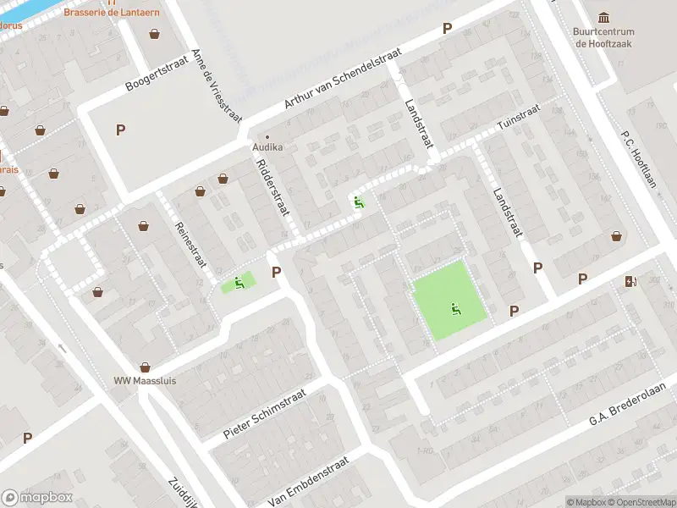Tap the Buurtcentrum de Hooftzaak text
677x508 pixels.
pyautogui.click(x=603, y=37)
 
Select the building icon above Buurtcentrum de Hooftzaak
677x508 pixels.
pyautogui.click(x=603, y=18)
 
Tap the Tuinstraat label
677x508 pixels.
pyautogui.click(x=518, y=120)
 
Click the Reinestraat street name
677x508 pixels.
pyautogui.click(x=190, y=242)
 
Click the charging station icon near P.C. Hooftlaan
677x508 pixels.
pyautogui.click(x=630, y=281)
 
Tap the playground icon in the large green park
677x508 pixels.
pyautogui.click(x=456, y=310)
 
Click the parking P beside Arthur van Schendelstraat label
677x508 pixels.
pyautogui.click(x=447, y=29)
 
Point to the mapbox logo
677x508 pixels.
pyautogui.click(x=37, y=497)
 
